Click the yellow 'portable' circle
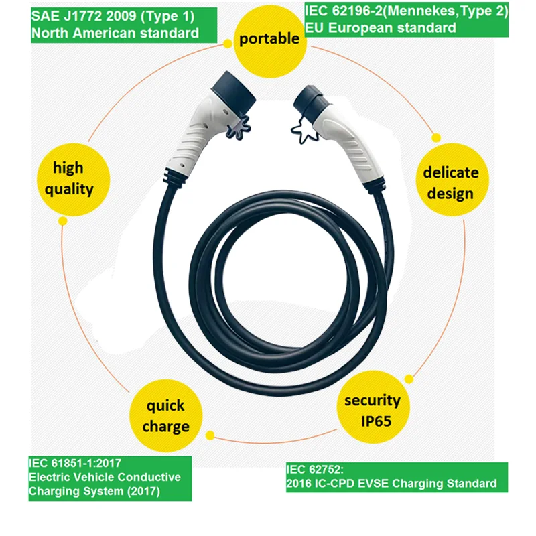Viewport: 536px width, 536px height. tap(269, 38)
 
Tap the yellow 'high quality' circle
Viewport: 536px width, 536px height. tap(68, 178)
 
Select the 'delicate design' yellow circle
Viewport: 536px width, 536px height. tap(450, 182)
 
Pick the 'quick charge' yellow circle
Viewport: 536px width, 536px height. tap(166, 415)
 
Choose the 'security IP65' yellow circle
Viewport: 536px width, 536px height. tap(372, 411)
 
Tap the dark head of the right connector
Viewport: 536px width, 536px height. tap(310, 100)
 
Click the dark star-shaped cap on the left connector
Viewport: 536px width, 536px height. tap(237, 127)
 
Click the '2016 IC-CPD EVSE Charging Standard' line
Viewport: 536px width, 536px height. tap(392, 483)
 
